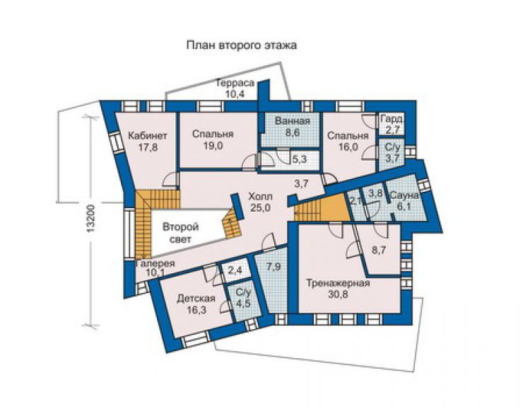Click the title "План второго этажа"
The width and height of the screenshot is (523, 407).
(241, 45)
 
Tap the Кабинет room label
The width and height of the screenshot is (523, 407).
(148, 136)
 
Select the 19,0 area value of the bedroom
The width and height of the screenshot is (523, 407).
(213, 146)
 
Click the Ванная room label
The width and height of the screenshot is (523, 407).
(293, 120)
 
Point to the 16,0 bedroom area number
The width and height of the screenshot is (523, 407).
(347, 147)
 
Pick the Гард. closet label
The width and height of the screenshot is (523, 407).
(392, 120)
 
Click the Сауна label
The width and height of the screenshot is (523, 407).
(404, 195)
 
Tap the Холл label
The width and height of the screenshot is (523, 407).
(260, 196)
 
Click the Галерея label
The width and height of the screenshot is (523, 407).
(155, 263)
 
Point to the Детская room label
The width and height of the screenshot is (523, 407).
(196, 298)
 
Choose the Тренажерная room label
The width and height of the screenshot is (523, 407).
(339, 283)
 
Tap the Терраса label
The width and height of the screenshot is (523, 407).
(235, 84)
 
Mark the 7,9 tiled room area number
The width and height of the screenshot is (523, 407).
(274, 267)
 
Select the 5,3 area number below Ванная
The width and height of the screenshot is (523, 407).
(299, 159)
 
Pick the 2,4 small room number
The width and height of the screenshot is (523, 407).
(236, 270)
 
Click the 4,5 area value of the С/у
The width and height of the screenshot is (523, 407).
(242, 304)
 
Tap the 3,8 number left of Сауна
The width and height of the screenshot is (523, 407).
(375, 193)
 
